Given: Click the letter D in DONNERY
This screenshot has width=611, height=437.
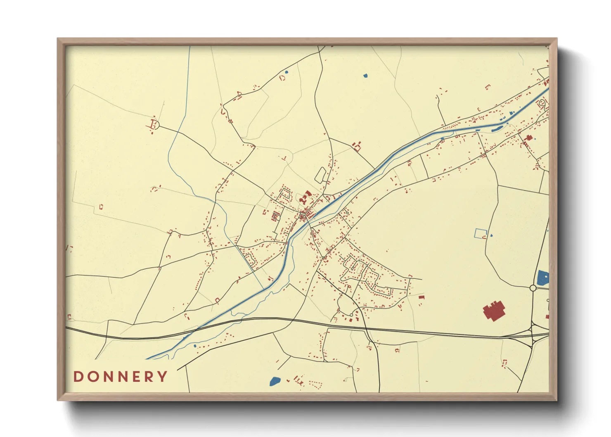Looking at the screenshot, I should point(78,376).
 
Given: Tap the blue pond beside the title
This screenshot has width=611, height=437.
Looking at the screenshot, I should point(275,381).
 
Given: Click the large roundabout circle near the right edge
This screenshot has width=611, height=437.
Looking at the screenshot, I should point(533,288).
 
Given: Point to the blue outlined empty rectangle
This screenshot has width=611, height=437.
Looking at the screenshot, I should point(480,233).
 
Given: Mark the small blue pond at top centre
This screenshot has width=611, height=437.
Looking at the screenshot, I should point(365,76).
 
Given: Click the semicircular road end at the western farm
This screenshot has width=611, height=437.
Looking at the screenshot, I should point(154,123).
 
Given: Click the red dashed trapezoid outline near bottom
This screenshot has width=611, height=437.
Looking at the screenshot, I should point(315,385).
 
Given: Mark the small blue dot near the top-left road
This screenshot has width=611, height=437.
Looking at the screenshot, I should point(286,72).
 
